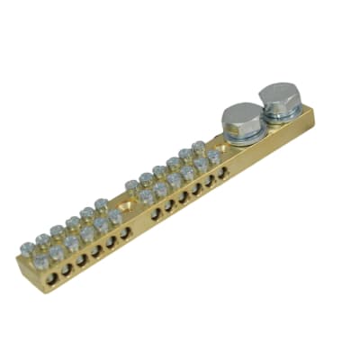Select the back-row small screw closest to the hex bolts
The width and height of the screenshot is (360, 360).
[x=198, y=145]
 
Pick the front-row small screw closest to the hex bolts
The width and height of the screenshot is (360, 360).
[x=214, y=157]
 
